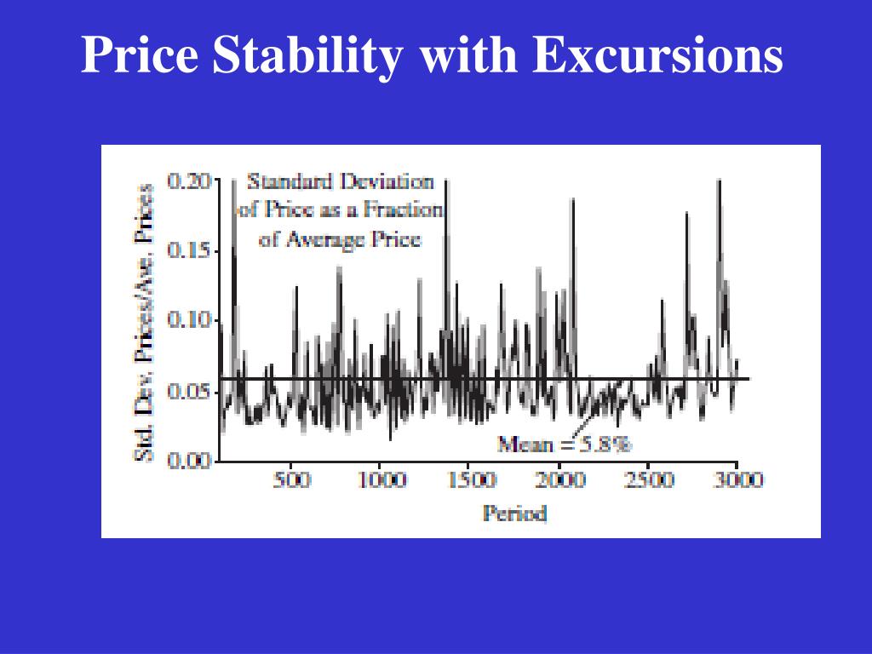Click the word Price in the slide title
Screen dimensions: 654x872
[140, 56]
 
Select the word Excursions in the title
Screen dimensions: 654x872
[657, 56]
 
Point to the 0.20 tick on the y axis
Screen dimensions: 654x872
[187, 181]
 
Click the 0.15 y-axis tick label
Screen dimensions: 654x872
[187, 251]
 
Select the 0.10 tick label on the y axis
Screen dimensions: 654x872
[187, 320]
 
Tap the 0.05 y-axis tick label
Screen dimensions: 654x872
[187, 392]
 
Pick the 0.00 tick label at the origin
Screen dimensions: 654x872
[187, 461]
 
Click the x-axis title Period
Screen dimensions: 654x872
[514, 513]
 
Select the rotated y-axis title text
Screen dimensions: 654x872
[146, 322]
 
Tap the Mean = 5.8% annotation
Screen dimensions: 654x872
[565, 444]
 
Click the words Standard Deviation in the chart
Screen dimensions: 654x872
[340, 181]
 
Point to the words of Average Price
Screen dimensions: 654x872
[340, 239]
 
